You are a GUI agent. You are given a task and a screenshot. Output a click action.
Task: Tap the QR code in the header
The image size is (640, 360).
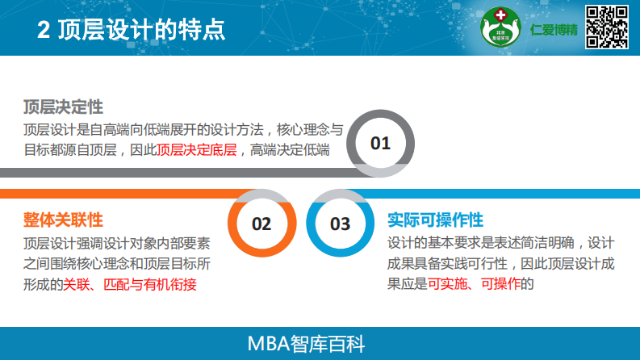(x=606, y=26)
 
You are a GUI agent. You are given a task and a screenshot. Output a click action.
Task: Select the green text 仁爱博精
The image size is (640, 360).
(x=554, y=30)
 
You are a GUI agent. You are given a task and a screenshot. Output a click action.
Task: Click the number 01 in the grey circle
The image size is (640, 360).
(x=380, y=144)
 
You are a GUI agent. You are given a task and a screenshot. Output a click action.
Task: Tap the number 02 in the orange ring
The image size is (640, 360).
(x=261, y=224)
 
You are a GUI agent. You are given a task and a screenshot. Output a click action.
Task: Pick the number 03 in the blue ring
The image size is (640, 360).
(x=341, y=224)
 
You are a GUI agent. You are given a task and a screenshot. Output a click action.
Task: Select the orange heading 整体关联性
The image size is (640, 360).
(x=63, y=220)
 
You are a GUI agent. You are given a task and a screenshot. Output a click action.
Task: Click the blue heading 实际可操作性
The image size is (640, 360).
(x=435, y=220)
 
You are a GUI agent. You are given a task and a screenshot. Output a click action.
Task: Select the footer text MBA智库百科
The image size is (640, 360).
(x=320, y=344)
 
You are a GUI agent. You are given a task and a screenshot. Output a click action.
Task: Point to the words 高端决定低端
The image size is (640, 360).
(x=291, y=150)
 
